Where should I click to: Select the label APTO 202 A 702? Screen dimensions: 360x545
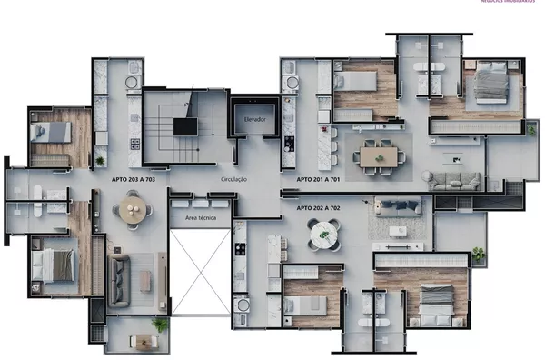coord(318,208)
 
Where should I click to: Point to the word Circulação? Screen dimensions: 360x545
coord(233,180)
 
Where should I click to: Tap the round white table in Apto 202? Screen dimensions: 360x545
coord(323,236)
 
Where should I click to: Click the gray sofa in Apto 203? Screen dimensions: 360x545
coord(120,280)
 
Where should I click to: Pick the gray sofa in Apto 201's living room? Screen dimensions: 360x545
coord(454,181)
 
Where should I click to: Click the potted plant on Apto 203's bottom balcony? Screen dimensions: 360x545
coord(160,324)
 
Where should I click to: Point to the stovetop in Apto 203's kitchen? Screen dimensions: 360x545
coord(135,144)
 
